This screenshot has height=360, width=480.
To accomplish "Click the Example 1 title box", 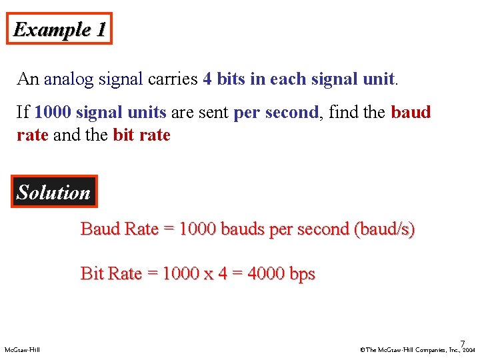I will tap(60, 29).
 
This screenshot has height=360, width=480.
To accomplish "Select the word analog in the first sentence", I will tap(70, 79).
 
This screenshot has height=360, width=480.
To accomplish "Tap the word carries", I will tap(173, 79).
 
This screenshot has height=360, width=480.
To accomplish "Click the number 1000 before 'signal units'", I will tap(53, 112).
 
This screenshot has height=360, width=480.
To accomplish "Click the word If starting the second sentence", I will tap(23, 112).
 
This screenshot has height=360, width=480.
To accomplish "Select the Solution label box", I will tap(53, 193).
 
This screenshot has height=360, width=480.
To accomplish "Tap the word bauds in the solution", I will tap(242, 229).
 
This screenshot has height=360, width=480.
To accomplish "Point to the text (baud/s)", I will tap(385, 229).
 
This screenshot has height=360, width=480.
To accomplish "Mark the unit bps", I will tap(302, 274).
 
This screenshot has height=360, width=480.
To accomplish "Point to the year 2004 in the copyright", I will tap(469, 349).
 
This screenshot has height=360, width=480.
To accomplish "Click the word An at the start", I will tap(28, 79).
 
